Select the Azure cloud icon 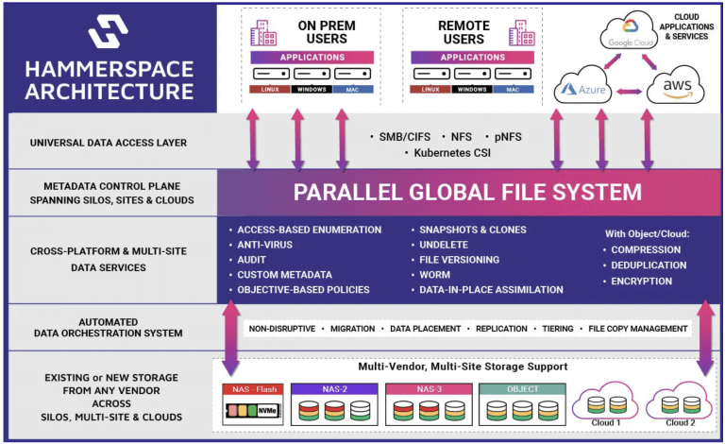pyautogui.click(x=581, y=91)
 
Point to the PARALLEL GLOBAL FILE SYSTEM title pyautogui.click(x=467, y=193)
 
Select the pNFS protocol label pyautogui.click(x=505, y=136)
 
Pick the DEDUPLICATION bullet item pyautogui.click(x=651, y=266)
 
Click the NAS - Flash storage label pyautogui.click(x=253, y=387)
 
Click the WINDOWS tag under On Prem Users pyautogui.click(x=298, y=89)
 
